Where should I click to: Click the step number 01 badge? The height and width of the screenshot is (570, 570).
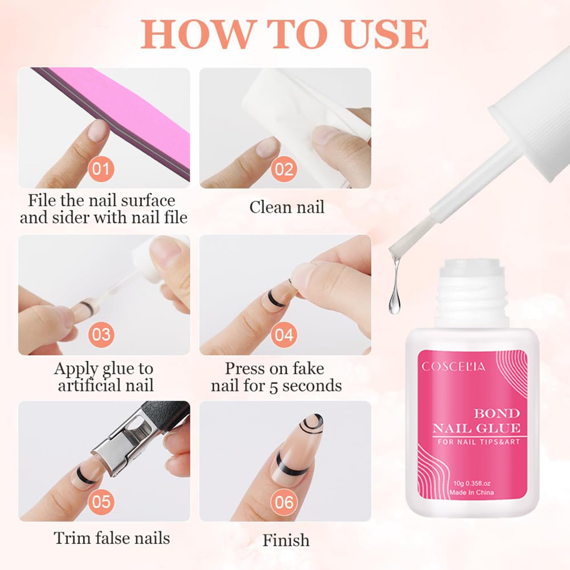(101, 169)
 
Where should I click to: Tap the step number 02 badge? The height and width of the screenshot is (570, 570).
(284, 170)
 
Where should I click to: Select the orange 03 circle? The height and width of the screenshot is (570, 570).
(101, 335)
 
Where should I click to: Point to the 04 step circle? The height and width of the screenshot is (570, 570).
(284, 335)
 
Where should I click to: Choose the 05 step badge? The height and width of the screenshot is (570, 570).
(101, 501)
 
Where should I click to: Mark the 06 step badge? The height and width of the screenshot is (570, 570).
(284, 502)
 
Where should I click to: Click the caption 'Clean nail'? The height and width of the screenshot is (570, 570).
(287, 207)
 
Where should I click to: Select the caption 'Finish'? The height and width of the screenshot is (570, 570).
(286, 540)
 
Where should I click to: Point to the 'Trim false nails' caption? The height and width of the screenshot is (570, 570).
(112, 538)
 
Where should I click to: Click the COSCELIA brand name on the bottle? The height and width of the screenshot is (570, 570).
(453, 367)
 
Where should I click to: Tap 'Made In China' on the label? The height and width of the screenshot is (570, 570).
(471, 492)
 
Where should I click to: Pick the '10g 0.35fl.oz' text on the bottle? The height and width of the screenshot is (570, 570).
(472, 483)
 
